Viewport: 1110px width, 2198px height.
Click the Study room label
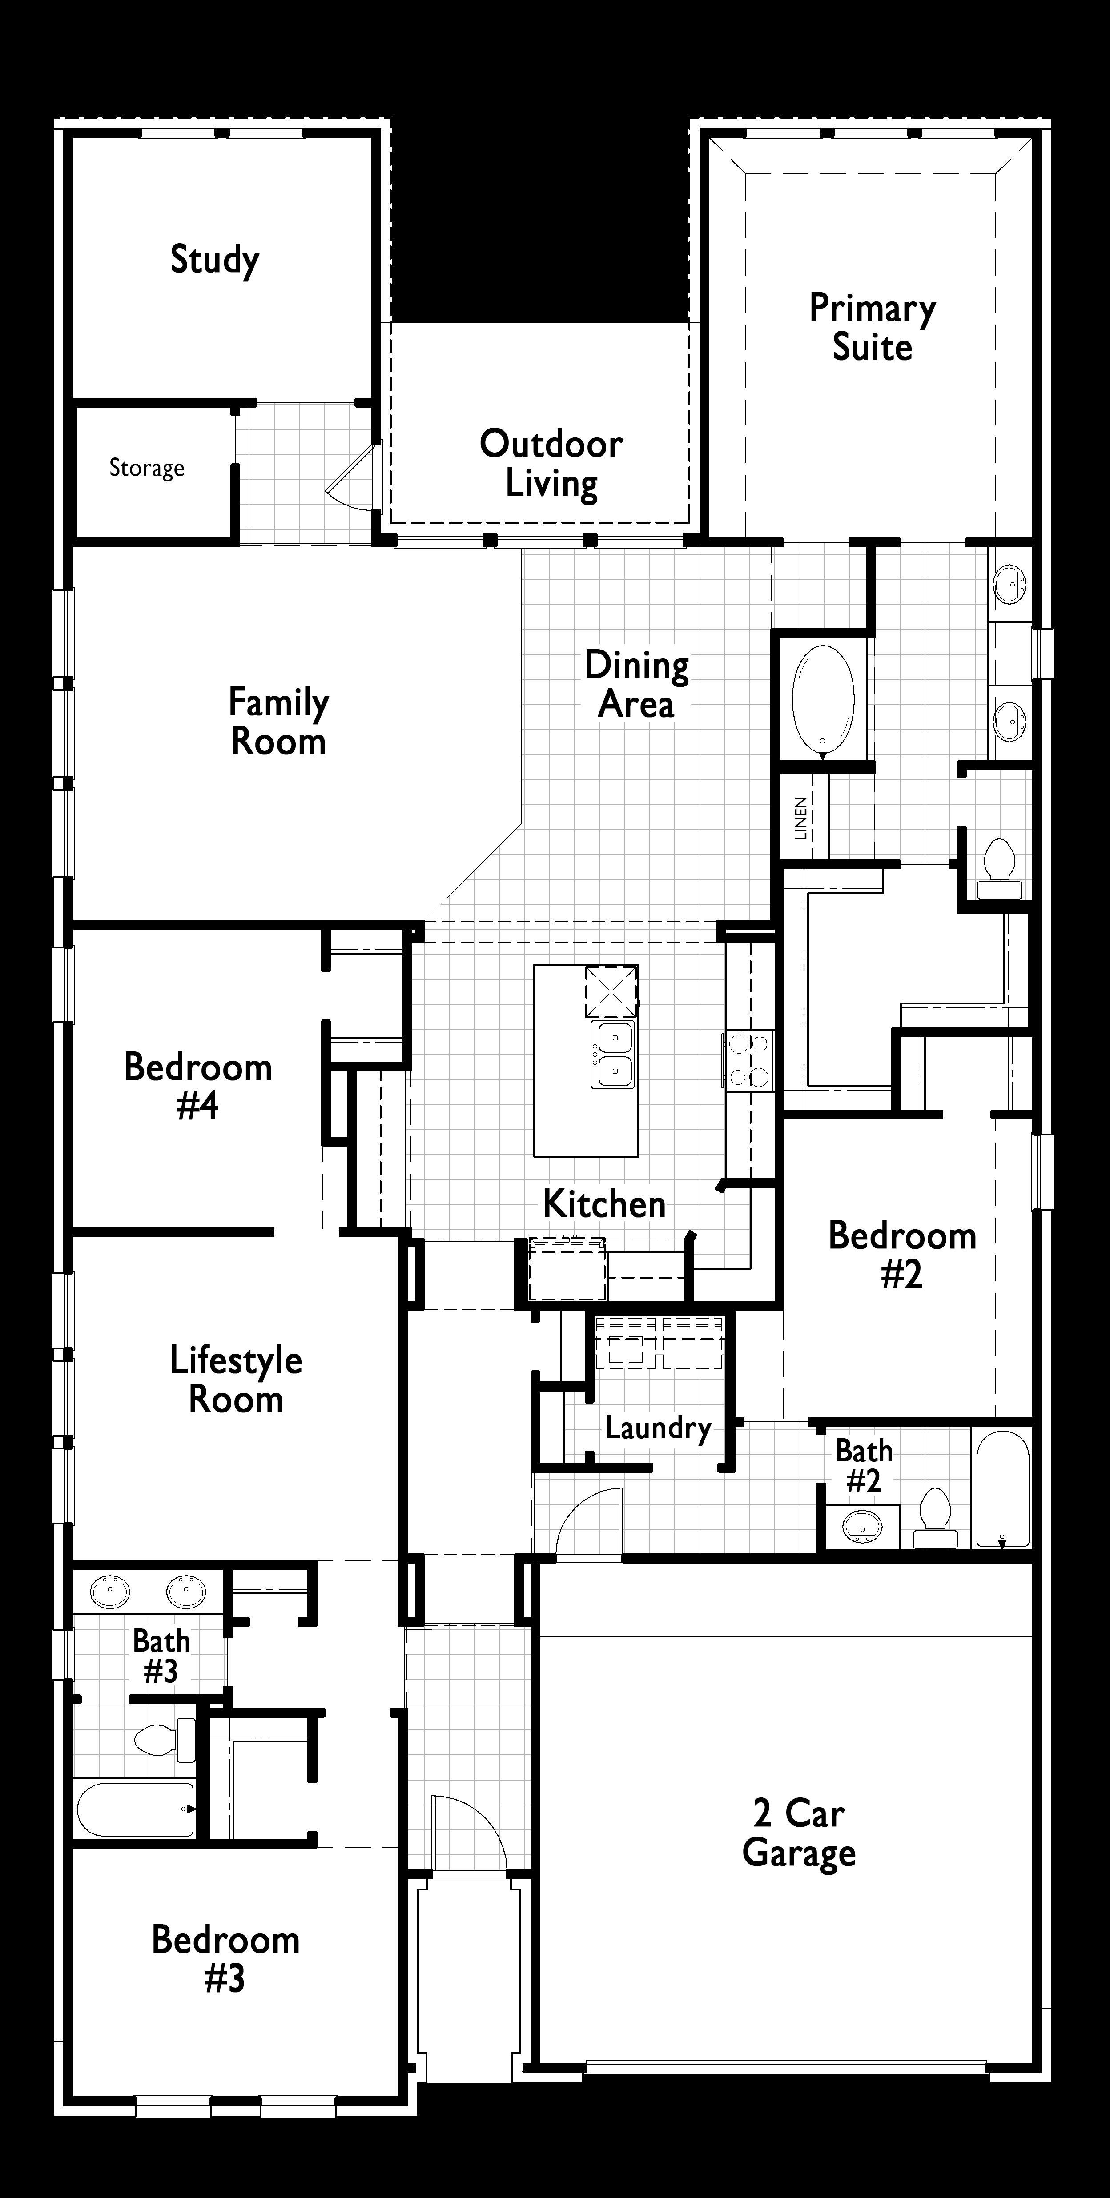214,259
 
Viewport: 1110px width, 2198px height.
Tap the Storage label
147,468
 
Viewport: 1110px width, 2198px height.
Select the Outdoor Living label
551,463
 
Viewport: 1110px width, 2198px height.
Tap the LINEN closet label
801,818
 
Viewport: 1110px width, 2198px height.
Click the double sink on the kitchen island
613,1055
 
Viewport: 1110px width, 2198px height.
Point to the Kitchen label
604,1204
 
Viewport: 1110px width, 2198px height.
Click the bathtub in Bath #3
137,1810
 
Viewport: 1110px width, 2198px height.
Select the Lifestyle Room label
236,1380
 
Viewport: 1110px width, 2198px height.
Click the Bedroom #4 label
198,1086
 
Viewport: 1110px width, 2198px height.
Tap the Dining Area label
636,684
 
